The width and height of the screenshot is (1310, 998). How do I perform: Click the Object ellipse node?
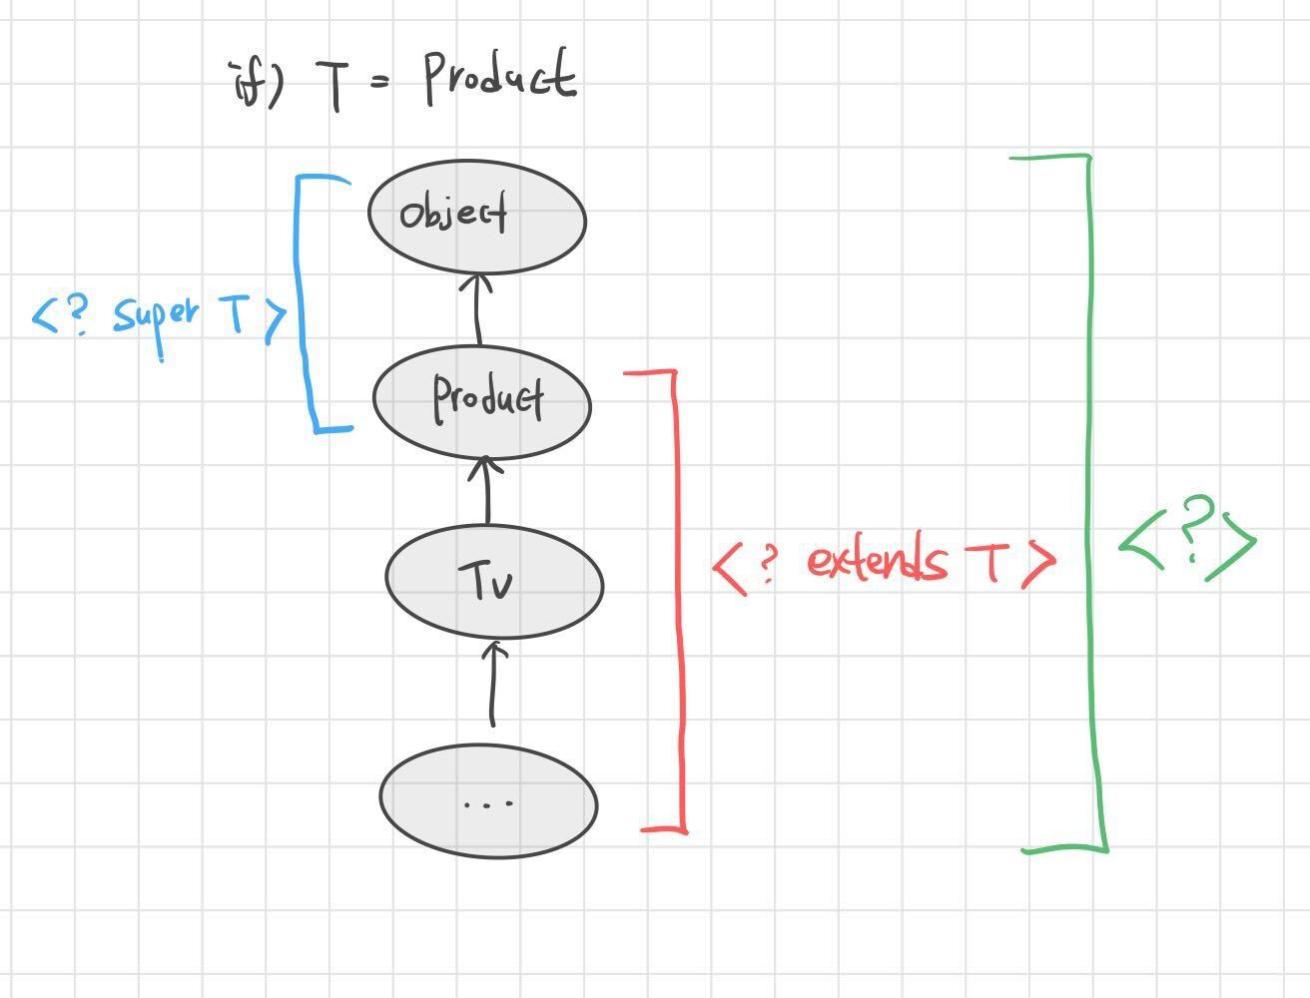(476, 217)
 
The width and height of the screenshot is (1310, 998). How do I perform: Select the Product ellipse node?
(482, 400)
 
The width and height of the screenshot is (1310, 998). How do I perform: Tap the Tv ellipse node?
(494, 583)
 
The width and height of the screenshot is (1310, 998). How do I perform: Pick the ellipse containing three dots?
(488, 801)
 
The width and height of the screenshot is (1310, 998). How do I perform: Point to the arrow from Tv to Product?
(487, 491)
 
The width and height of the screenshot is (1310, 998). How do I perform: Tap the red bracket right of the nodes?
(680, 599)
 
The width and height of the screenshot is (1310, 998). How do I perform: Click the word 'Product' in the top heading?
(500, 78)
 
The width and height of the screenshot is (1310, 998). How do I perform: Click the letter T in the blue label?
(235, 315)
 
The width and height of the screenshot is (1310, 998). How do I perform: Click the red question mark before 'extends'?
(766, 563)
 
